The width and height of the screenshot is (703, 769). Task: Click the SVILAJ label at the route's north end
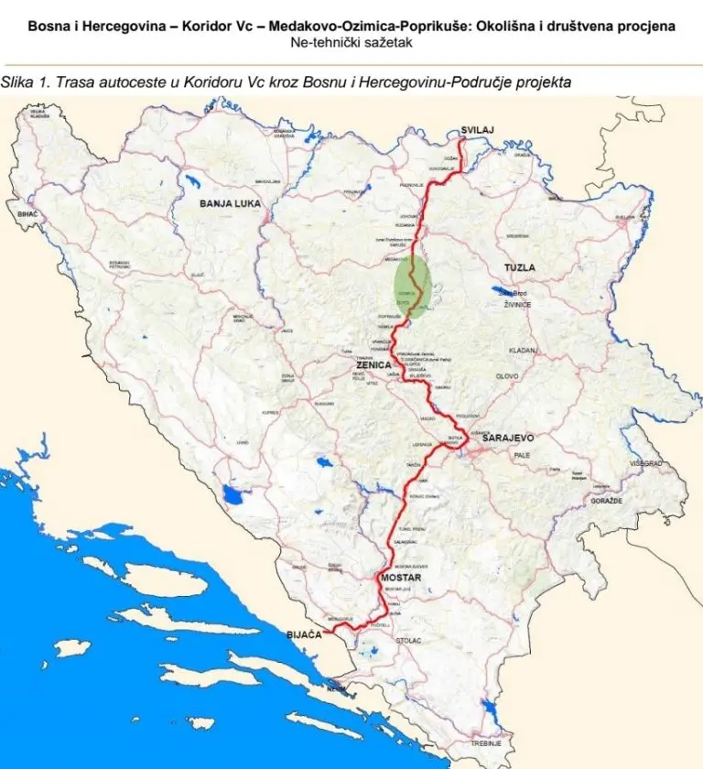pyautogui.click(x=478, y=130)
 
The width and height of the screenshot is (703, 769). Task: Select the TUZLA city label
pyautogui.click(x=519, y=267)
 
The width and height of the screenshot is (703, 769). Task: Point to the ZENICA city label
pyautogui.click(x=373, y=364)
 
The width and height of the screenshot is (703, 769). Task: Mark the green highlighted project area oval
pyautogui.click(x=413, y=287)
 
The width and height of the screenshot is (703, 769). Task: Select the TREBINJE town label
pyautogui.click(x=486, y=742)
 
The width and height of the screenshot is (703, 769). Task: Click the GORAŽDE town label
pyautogui.click(x=606, y=502)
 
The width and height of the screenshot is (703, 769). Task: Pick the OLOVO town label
pyautogui.click(x=506, y=376)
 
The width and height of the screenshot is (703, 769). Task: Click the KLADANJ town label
pyautogui.click(x=524, y=351)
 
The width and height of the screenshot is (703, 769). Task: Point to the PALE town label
pyautogui.click(x=522, y=454)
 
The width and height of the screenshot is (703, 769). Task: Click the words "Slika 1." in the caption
pyautogui.click(x=24, y=82)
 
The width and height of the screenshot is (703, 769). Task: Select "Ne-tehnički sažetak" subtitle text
pyautogui.click(x=351, y=42)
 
